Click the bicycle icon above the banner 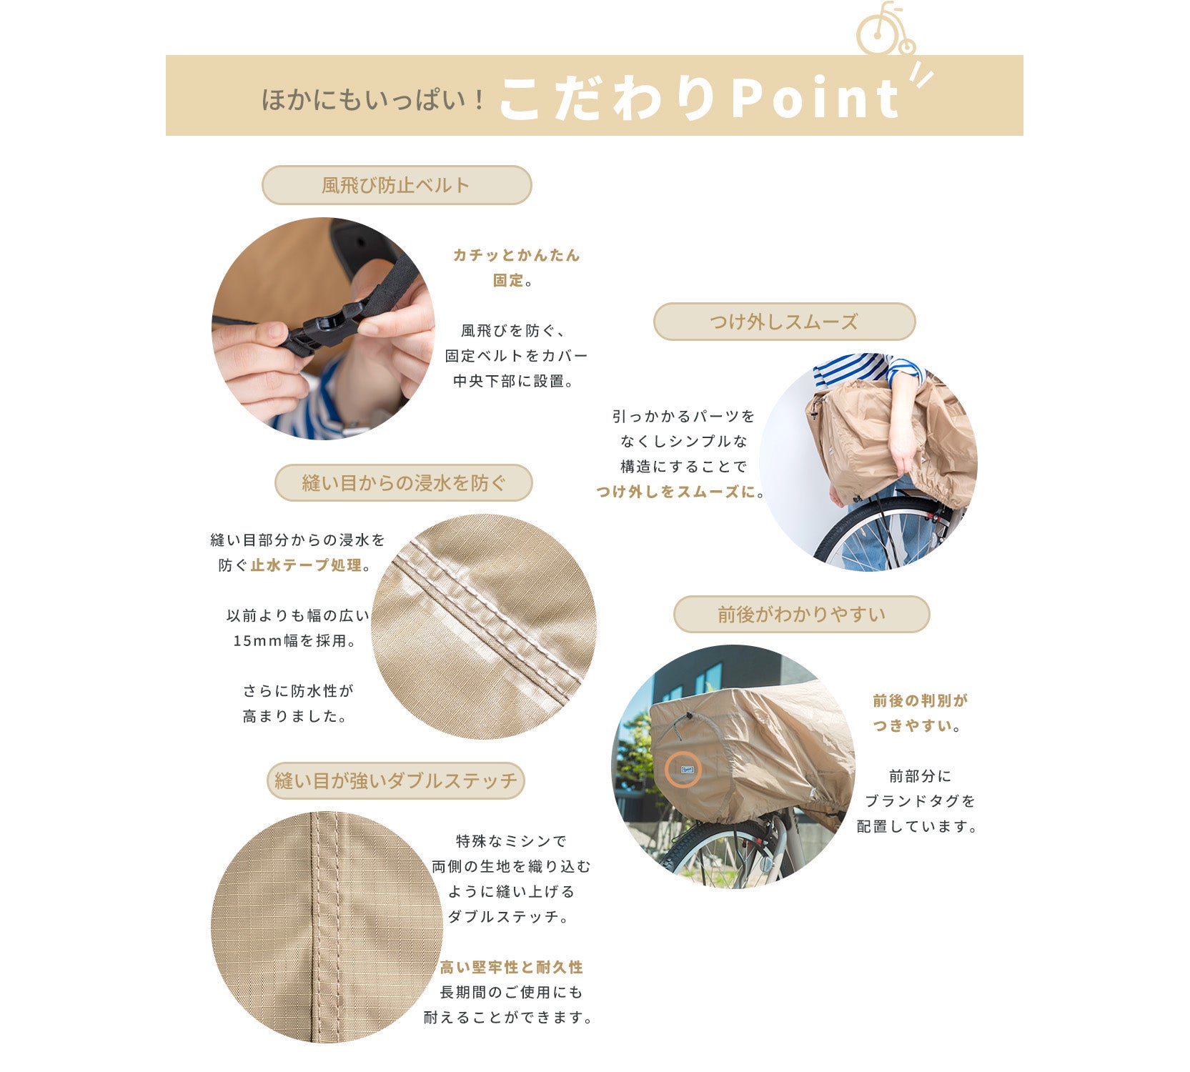click(x=886, y=30)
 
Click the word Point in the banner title click(x=815, y=99)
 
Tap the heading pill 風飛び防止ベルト click(x=397, y=185)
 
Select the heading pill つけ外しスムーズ click(x=784, y=322)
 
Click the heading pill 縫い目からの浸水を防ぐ click(x=404, y=482)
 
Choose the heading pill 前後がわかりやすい click(x=801, y=614)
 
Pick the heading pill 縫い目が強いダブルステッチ click(x=395, y=780)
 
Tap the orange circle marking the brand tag click(x=683, y=770)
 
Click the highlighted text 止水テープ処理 click(x=306, y=565)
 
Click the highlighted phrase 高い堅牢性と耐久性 click(x=511, y=967)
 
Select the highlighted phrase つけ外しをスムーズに click(x=676, y=491)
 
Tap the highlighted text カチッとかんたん click(x=516, y=255)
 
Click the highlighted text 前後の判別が click(x=920, y=700)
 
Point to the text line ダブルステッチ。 click(x=508, y=916)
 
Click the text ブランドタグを click(x=920, y=800)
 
